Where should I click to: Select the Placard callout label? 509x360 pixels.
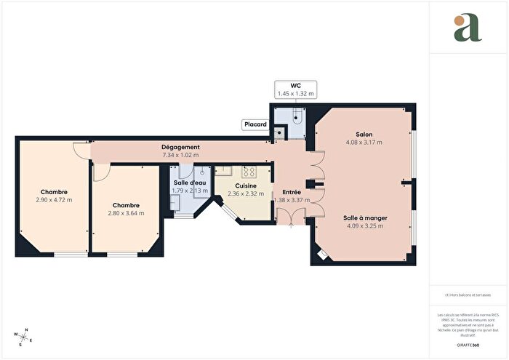(x=254, y=124)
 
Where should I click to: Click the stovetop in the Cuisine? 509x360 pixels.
(x=249, y=172)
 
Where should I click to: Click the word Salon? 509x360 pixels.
(x=364, y=134)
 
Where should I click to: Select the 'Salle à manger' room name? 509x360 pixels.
(x=364, y=217)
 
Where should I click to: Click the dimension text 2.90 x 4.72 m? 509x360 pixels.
(x=54, y=199)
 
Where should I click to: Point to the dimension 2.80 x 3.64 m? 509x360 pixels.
(x=126, y=213)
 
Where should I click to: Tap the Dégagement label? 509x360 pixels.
(x=180, y=148)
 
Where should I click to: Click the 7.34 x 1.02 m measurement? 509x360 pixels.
(x=180, y=155)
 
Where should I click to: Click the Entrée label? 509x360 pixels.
(x=292, y=192)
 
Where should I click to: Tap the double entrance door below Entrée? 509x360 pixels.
(x=292, y=217)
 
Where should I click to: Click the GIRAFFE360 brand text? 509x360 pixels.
(x=468, y=344)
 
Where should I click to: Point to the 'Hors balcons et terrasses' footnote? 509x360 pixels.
(x=468, y=295)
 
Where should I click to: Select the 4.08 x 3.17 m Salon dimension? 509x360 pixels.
(x=364, y=142)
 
